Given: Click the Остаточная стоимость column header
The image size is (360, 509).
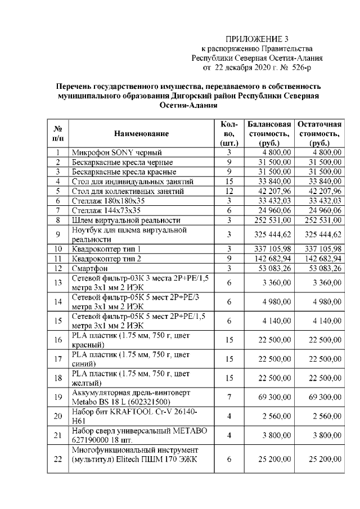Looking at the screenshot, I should click(319, 134).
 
